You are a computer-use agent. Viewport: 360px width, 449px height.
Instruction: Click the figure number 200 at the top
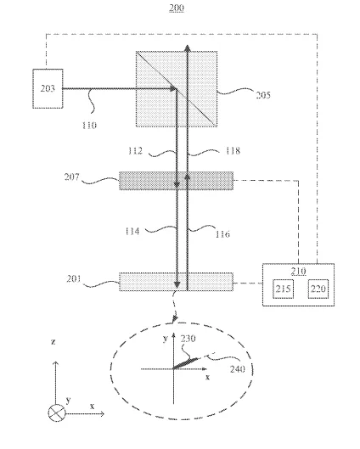click(x=176, y=8)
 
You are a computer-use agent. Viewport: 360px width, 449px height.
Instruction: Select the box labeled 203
click(x=48, y=88)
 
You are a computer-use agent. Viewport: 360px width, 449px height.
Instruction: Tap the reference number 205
click(x=263, y=95)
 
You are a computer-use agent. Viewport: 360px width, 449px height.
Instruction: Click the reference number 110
click(x=89, y=126)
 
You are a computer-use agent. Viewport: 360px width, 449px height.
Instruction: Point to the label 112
click(x=135, y=150)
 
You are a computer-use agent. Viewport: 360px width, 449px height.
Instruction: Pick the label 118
click(x=233, y=150)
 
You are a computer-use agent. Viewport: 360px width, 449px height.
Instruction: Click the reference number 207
click(x=71, y=177)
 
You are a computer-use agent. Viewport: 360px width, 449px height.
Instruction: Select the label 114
click(x=132, y=231)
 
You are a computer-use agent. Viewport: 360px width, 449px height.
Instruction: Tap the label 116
click(x=222, y=234)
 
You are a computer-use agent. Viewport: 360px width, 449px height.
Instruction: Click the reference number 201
click(x=74, y=278)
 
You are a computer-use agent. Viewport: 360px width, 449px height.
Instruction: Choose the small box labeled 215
click(x=284, y=289)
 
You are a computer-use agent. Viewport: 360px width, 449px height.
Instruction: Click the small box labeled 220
click(x=318, y=289)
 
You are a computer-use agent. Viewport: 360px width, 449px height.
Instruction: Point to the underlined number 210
click(x=298, y=271)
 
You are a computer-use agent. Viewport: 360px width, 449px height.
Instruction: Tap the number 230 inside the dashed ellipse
click(x=188, y=339)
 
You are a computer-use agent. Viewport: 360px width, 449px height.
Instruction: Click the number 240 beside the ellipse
click(x=238, y=369)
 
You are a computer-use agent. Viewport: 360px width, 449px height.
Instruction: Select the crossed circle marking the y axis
click(x=57, y=413)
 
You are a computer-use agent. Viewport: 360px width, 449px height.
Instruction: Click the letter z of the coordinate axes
click(x=53, y=341)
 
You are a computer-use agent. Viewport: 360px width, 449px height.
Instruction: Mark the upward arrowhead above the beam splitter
click(x=188, y=48)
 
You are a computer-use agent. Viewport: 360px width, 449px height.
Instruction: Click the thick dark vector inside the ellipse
click(x=185, y=363)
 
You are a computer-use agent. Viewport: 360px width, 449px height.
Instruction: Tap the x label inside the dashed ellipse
click(x=208, y=378)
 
